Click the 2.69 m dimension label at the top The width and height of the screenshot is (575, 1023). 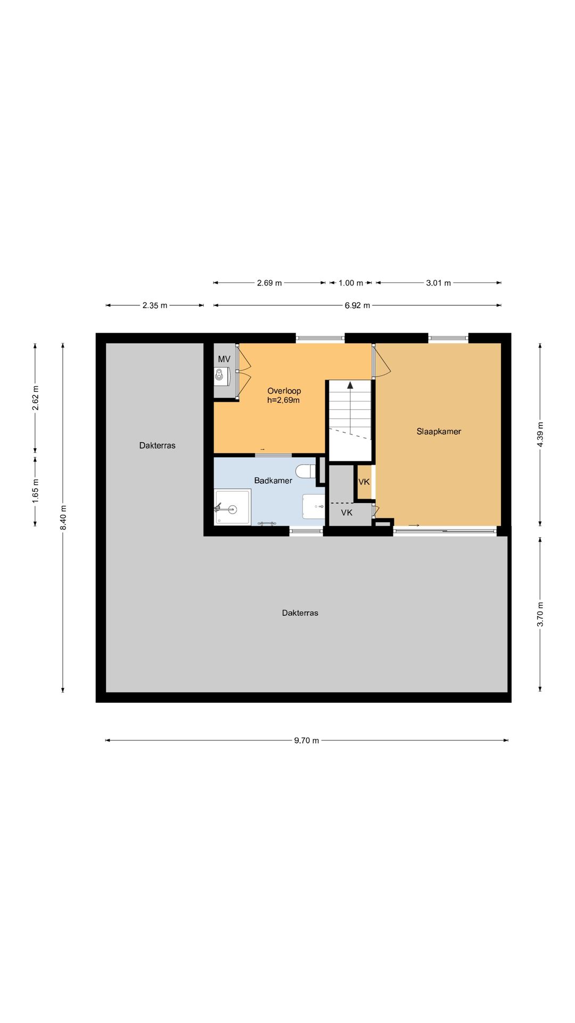click(x=269, y=283)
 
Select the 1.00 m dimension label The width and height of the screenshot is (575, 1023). click(x=351, y=283)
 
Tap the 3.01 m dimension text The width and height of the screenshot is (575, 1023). click(x=438, y=283)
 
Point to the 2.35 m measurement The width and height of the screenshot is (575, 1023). click(x=155, y=305)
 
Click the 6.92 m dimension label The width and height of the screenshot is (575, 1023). click(x=357, y=305)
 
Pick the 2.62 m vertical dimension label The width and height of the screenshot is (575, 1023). click(x=36, y=398)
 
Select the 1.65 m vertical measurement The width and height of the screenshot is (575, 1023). click(x=36, y=490)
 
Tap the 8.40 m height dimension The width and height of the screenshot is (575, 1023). click(x=63, y=517)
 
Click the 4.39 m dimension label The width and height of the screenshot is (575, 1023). click(x=540, y=435)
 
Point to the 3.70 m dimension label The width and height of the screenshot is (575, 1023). click(x=540, y=614)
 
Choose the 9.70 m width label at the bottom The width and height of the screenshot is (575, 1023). click(x=307, y=740)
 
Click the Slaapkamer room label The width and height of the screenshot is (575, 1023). click(x=439, y=432)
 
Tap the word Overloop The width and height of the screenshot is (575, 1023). click(x=284, y=391)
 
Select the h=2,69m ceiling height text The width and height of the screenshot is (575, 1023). click(x=283, y=400)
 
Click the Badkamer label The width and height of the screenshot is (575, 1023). click(x=273, y=481)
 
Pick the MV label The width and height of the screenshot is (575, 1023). click(x=224, y=359)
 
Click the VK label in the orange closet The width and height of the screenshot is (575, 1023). click(x=364, y=482)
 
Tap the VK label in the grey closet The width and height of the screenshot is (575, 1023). click(x=347, y=513)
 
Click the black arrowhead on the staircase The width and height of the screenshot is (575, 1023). click(x=350, y=385)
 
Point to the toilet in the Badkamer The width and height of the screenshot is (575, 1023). click(x=306, y=472)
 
